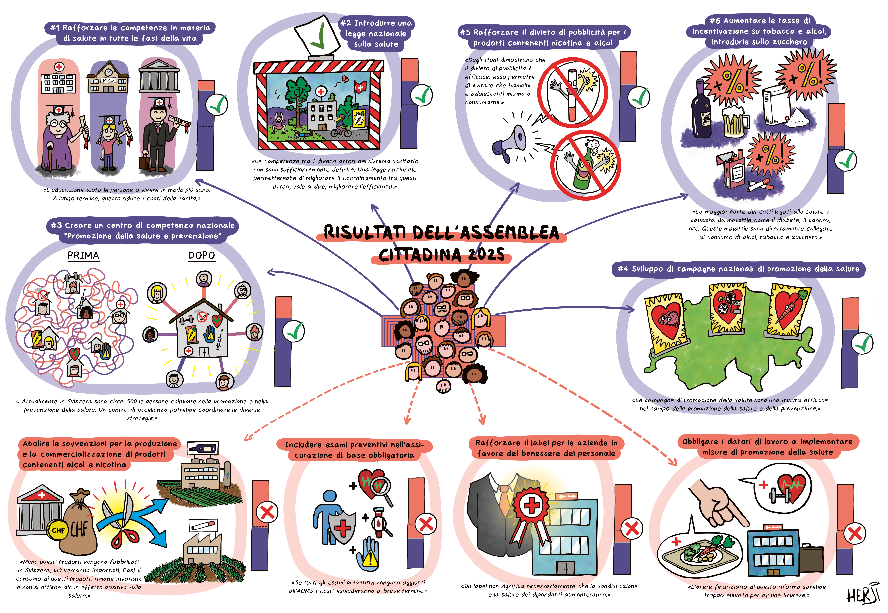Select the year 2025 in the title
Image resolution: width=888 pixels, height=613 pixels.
pyautogui.click(x=486, y=254)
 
